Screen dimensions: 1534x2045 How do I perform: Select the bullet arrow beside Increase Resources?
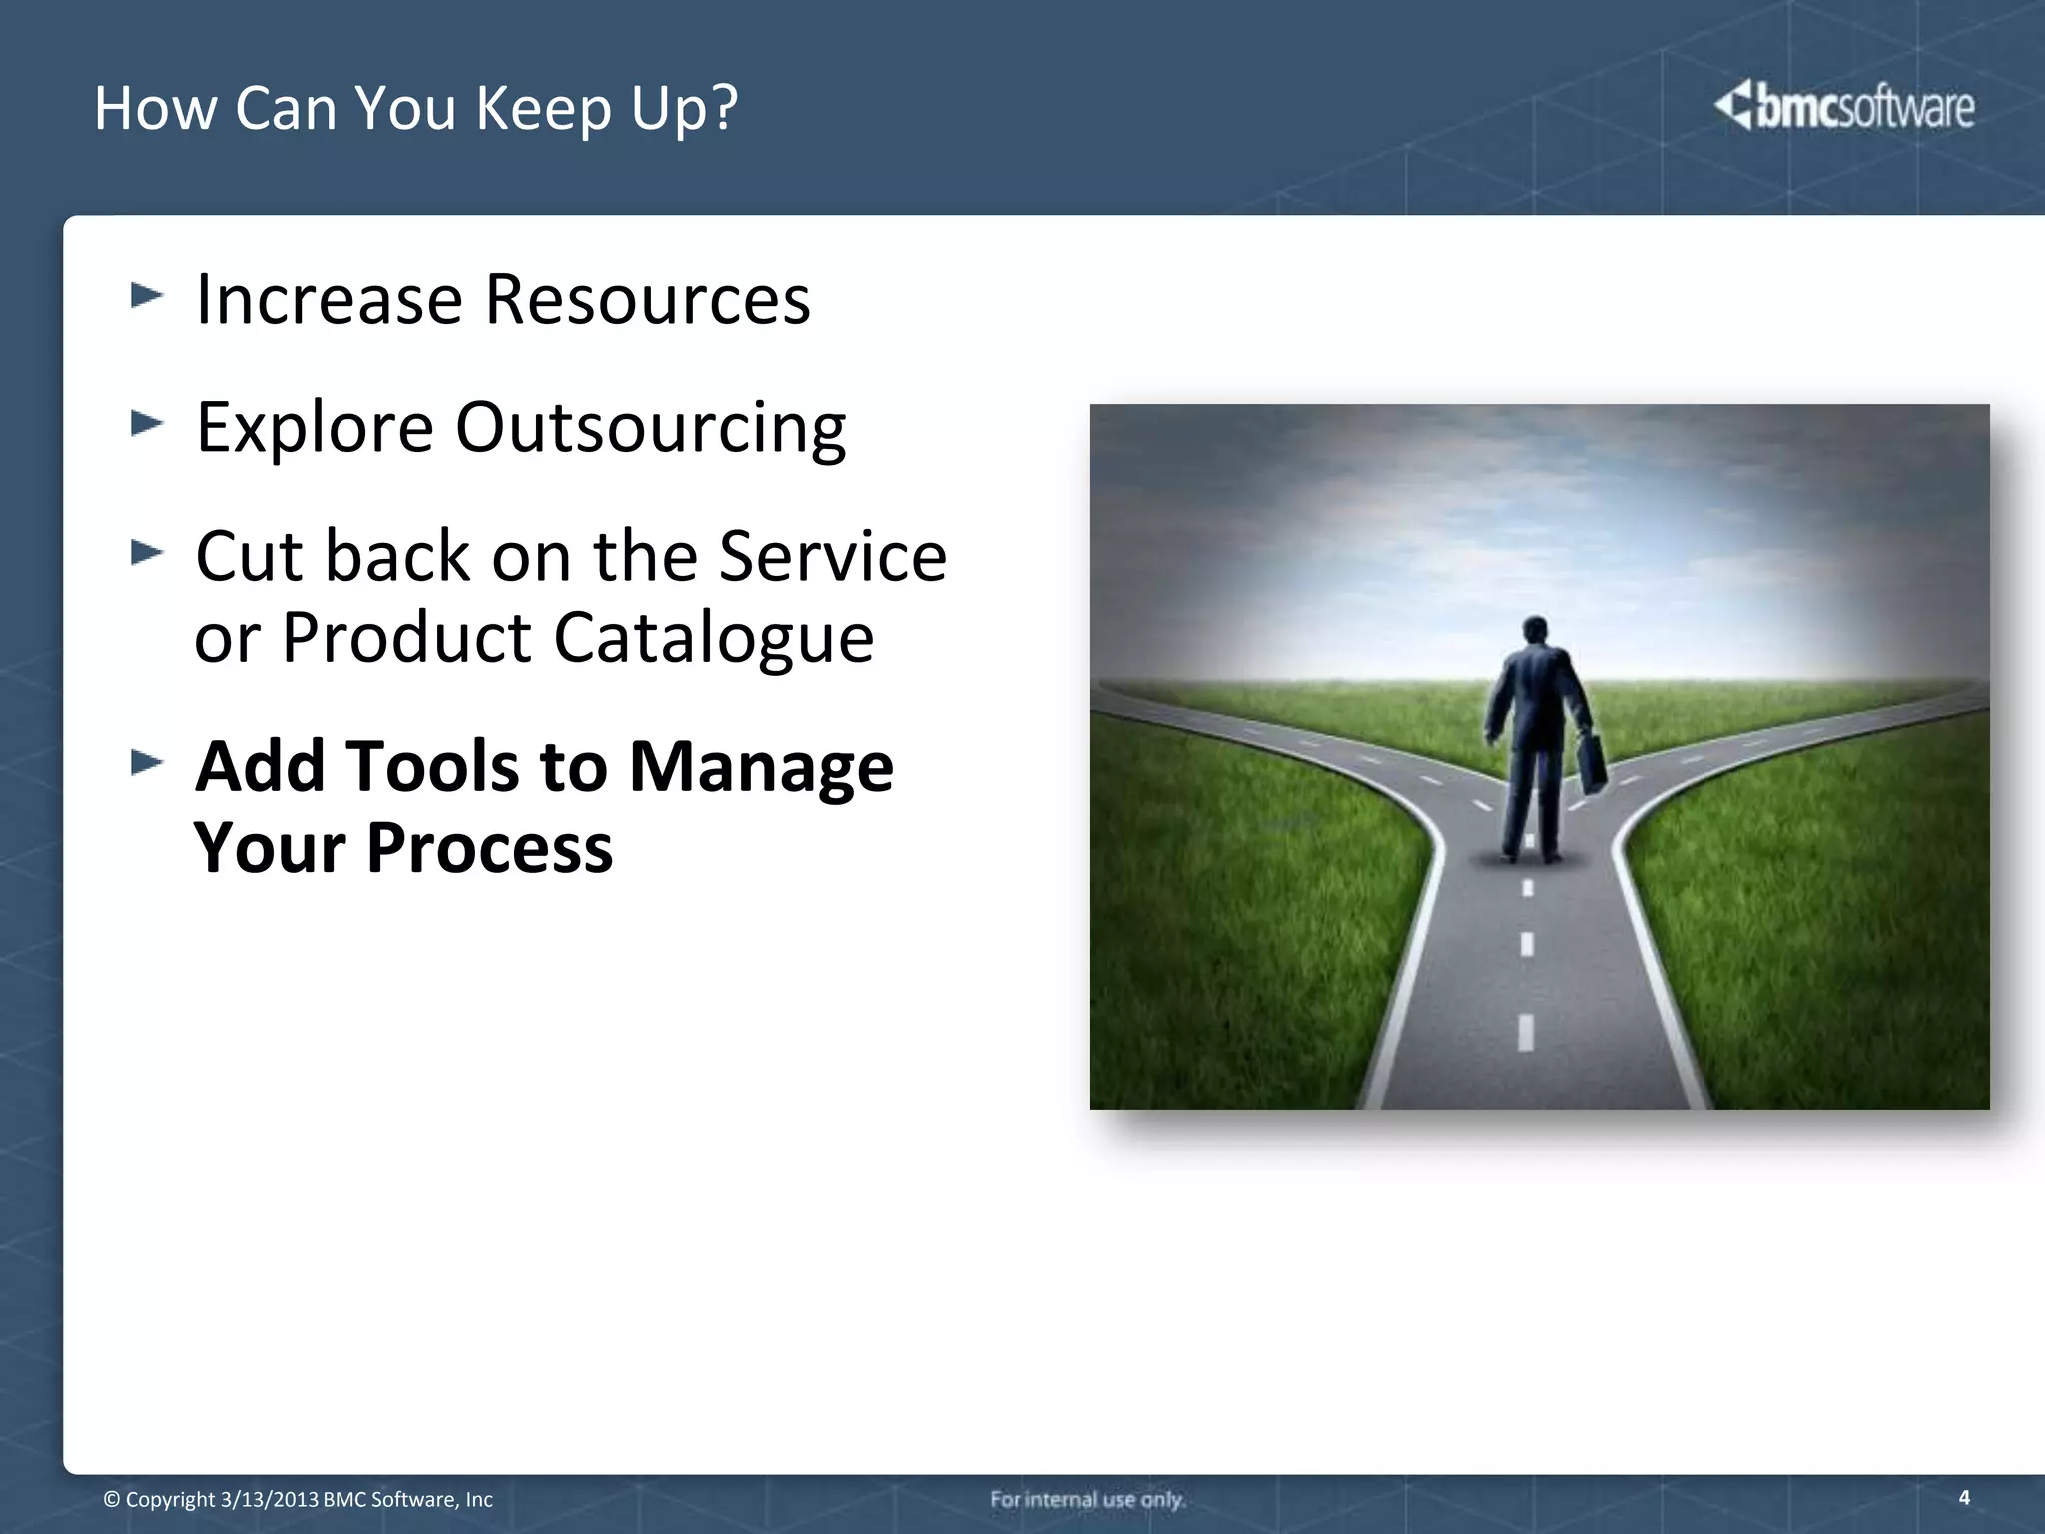pos(146,295)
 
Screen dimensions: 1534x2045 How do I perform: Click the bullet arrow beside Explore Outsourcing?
pos(146,423)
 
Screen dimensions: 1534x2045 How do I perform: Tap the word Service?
pos(832,556)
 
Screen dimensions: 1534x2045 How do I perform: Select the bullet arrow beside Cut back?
pos(146,552)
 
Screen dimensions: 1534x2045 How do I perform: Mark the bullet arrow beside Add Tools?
pos(146,763)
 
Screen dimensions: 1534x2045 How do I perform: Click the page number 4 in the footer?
pos(1964,1497)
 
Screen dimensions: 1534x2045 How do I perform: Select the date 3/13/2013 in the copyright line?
pos(269,1500)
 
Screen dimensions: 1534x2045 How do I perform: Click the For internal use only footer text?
pos(1087,1499)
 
